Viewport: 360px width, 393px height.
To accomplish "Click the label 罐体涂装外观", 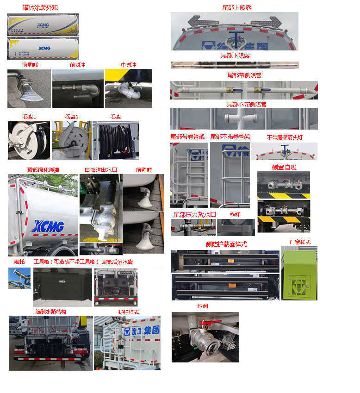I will pyautogui.click(x=41, y=8).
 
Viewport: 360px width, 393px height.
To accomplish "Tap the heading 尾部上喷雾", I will pyautogui.click(x=236, y=7).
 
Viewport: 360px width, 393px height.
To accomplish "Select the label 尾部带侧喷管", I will pyautogui.click(x=244, y=75).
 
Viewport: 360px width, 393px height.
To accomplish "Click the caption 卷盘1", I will pyautogui.click(x=29, y=116).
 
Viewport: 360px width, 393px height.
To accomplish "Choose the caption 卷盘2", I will pyautogui.click(x=72, y=116).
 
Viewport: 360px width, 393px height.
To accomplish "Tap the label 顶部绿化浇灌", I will pyautogui.click(x=43, y=170).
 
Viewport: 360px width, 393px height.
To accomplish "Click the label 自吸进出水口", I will pyautogui.click(x=100, y=170).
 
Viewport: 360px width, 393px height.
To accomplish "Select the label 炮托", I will pyautogui.click(x=19, y=262).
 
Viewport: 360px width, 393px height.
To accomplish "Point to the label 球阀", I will pyautogui.click(x=203, y=306).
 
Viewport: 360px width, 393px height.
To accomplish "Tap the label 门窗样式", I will pyautogui.click(x=300, y=242).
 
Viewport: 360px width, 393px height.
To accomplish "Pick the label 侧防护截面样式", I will pyautogui.click(x=226, y=244).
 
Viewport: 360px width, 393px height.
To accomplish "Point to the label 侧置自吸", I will pyautogui.click(x=284, y=167).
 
